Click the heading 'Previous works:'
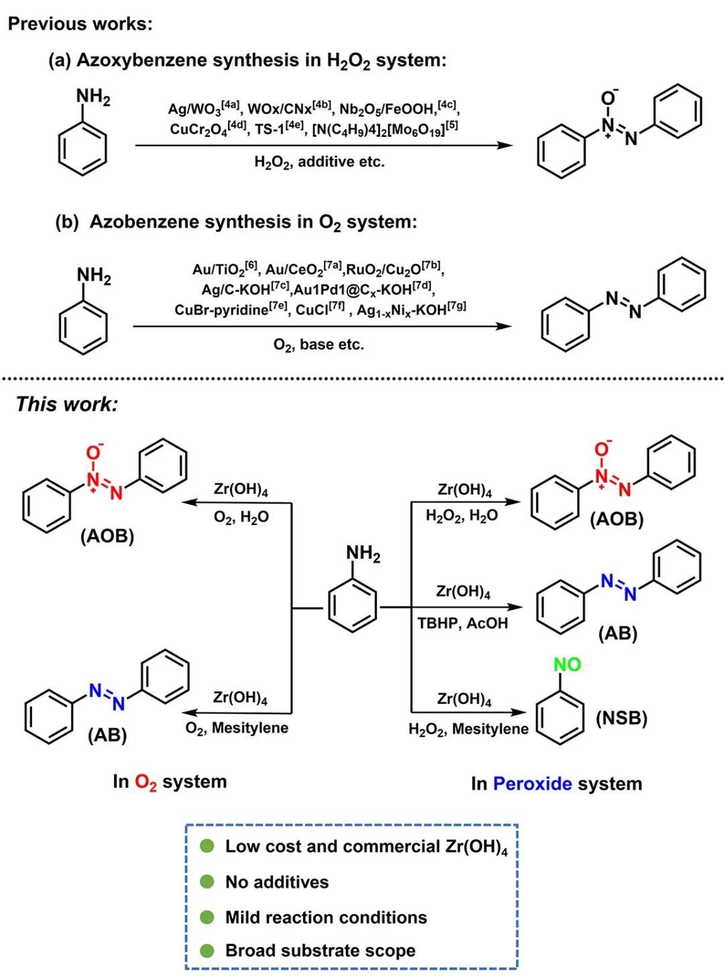tap(80, 24)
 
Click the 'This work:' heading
tap(66, 404)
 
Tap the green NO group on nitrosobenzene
tap(567, 664)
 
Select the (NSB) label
tap(621, 718)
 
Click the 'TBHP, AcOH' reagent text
tap(463, 623)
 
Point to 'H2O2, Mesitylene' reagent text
tap(468, 729)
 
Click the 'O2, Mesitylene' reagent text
tap(237, 728)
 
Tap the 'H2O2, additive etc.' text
tap(319, 162)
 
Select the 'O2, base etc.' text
tap(318, 345)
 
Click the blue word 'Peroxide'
tap(532, 784)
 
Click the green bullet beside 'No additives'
tap(208, 881)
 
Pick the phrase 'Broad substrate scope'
tap(320, 951)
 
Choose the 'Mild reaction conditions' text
tap(326, 917)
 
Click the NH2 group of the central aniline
tap(363, 554)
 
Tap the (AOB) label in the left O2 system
tap(107, 536)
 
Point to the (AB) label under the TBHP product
tap(617, 633)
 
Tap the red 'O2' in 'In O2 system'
tap(145, 782)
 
